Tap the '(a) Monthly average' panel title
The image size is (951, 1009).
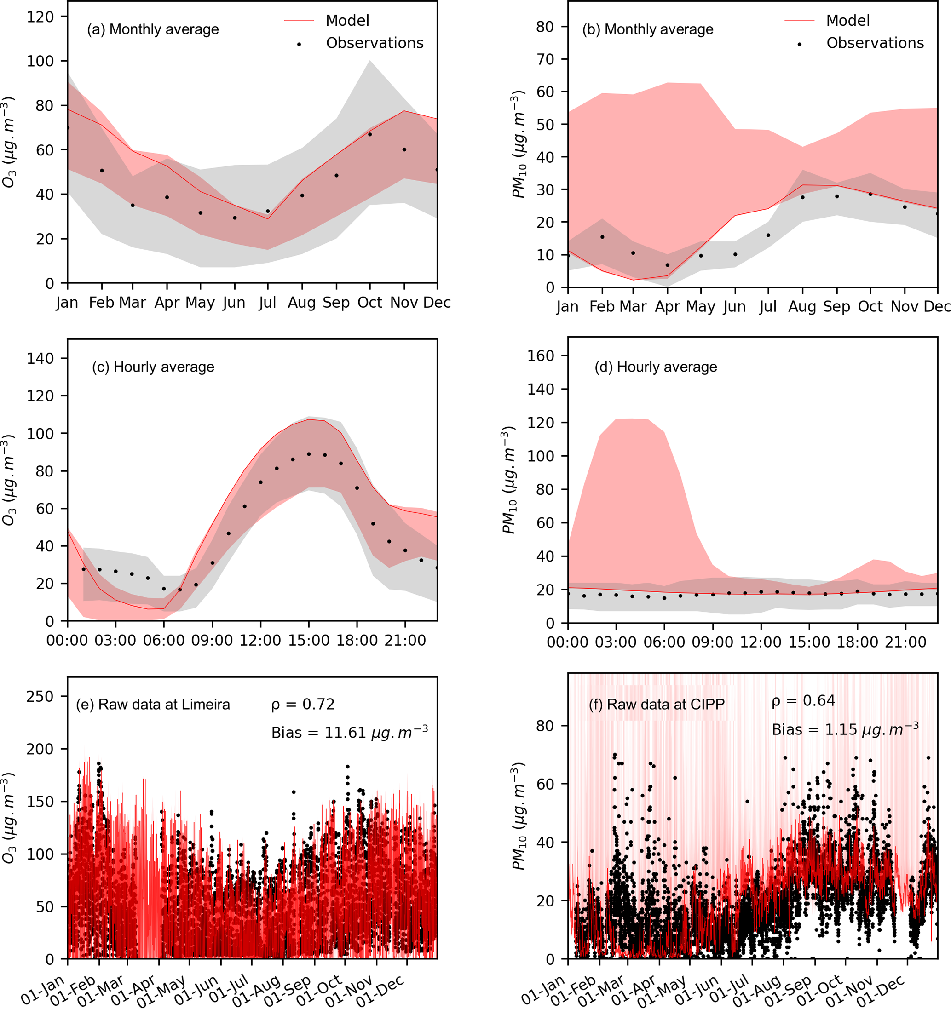tap(153, 29)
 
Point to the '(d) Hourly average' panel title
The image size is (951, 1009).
tap(656, 367)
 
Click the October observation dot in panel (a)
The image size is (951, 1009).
tap(370, 134)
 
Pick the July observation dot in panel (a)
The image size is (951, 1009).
tap(268, 211)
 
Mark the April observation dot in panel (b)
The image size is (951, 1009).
tap(668, 265)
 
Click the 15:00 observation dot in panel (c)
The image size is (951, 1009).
tap(309, 454)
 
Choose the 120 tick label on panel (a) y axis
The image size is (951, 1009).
tap(40, 17)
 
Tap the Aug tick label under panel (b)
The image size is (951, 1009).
tap(802, 307)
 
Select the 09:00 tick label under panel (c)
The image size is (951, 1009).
tap(212, 641)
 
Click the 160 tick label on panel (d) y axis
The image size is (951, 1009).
tap(541, 356)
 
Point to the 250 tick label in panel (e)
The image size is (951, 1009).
tap(40, 696)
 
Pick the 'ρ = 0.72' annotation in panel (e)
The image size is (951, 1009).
tap(303, 705)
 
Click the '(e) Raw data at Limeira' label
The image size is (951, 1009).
tap(153, 705)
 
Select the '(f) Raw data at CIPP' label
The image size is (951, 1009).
tap(656, 705)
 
